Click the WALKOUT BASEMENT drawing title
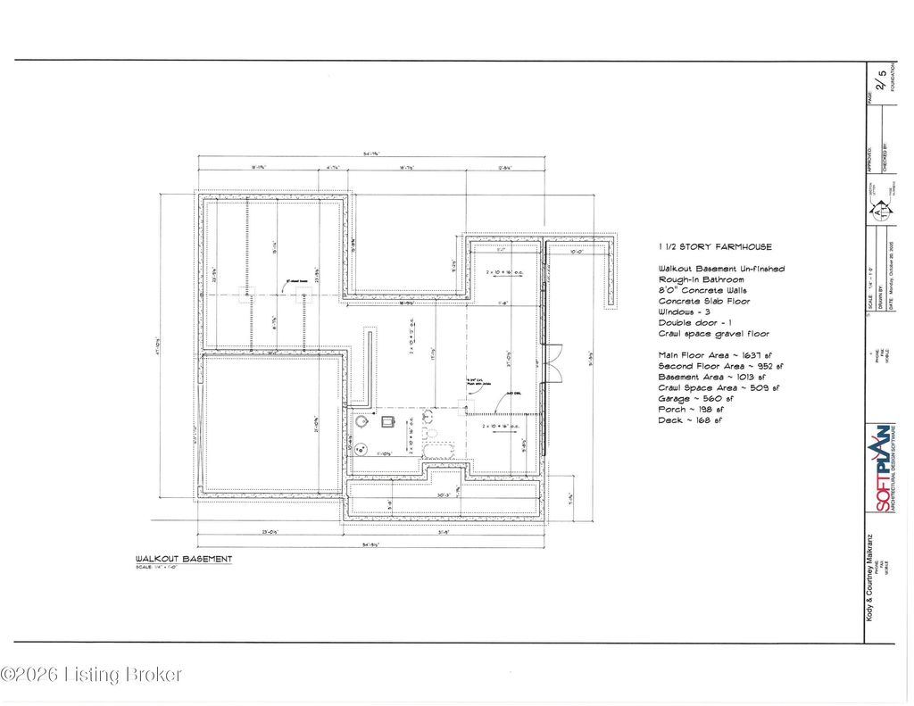point(184,560)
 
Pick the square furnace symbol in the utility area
point(389,420)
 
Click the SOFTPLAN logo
point(881,469)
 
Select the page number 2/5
point(882,81)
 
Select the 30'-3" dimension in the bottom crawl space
point(443,494)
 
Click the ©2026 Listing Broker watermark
point(91,674)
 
